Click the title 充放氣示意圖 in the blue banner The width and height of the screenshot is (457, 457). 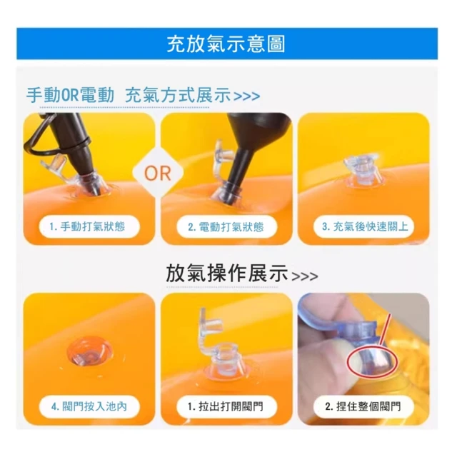coord(226,44)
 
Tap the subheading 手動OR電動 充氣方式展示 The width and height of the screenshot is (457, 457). coord(129,95)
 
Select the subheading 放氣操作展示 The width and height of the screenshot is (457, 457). coord(227,273)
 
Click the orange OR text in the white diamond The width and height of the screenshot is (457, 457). coord(158,174)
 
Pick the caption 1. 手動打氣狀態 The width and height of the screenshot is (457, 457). coord(87,226)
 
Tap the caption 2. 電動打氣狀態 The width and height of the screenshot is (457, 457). coord(226,227)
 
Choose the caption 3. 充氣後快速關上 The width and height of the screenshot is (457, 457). coord(365,226)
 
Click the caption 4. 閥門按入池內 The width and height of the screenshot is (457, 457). coord(89,406)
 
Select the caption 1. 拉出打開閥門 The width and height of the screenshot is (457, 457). coord(226,406)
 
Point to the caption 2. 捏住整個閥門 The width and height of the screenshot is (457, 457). coord(363,406)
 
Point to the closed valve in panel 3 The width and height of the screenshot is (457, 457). coord(362,172)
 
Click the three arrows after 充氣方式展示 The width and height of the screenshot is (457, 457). coord(247,96)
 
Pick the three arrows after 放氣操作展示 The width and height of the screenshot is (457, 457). coord(305,276)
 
